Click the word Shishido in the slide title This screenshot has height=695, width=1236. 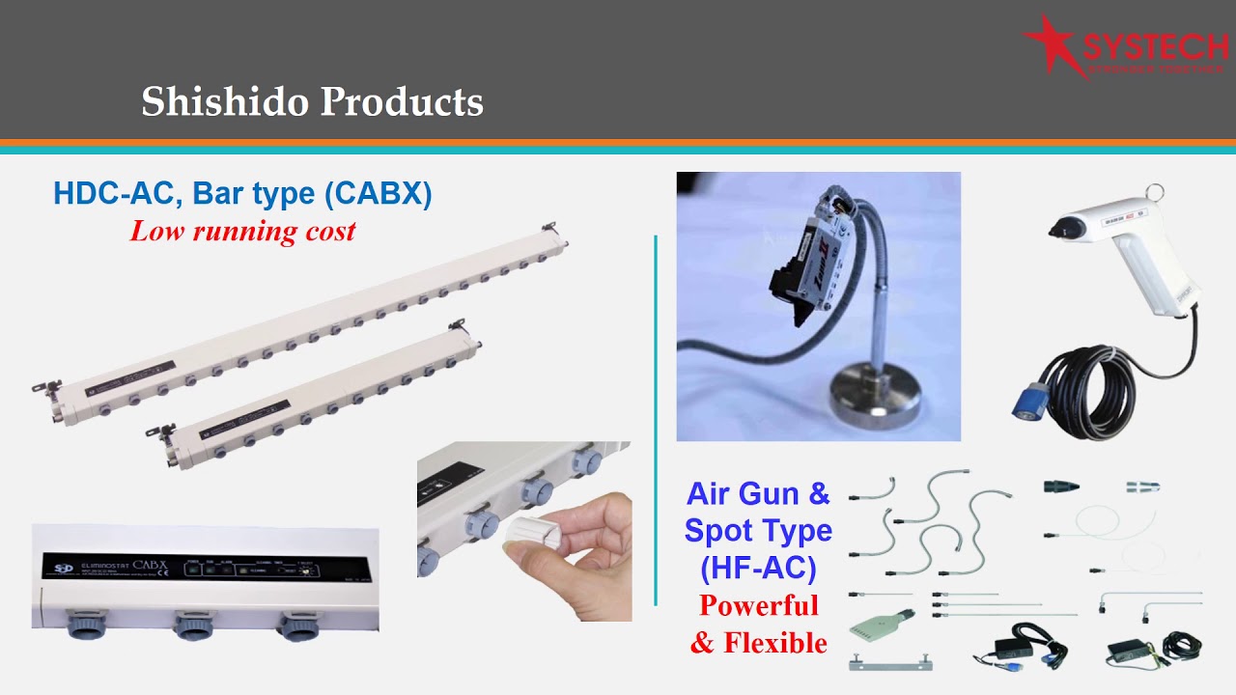coord(224,102)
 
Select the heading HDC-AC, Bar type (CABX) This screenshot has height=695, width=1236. coord(242,193)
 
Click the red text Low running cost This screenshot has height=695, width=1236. coord(242,232)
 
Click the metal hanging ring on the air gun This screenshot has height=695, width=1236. coord(1155,192)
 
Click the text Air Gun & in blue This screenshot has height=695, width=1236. coord(758,494)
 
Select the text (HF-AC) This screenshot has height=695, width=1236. coord(758,569)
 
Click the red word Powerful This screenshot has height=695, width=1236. coord(758,606)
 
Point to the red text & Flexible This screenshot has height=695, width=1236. coord(758,643)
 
